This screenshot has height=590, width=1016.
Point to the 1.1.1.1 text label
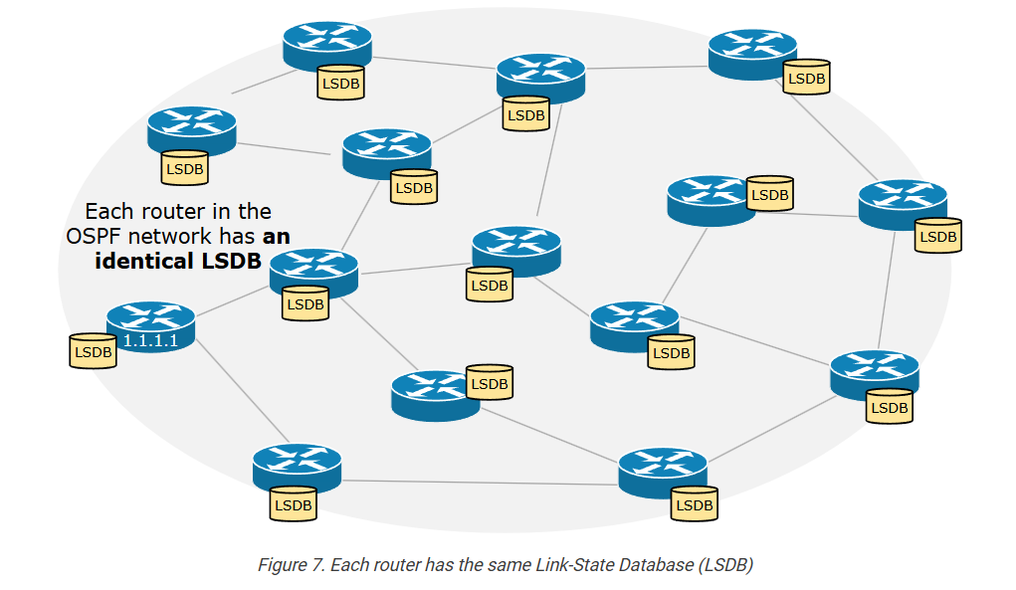pyautogui.click(x=150, y=341)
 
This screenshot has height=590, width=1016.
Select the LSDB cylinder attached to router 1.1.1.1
pyautogui.click(x=93, y=351)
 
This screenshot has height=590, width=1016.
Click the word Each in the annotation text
pyautogui.click(x=106, y=212)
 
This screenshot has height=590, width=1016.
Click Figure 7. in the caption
pyautogui.click(x=290, y=565)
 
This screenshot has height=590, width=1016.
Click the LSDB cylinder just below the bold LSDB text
pyautogui.click(x=305, y=303)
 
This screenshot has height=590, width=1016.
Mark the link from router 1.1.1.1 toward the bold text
pyautogui.click(x=233, y=300)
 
